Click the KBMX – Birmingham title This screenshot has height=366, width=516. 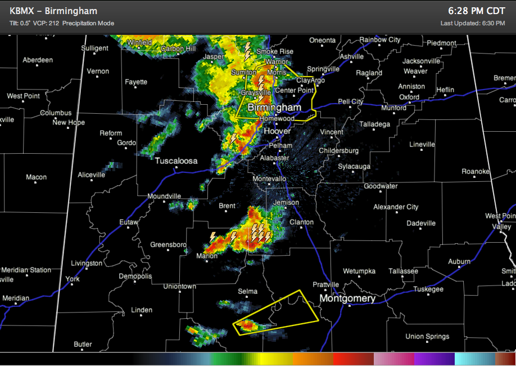pyautogui.click(x=53, y=11)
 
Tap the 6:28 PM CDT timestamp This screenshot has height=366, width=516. pyautogui.click(x=477, y=11)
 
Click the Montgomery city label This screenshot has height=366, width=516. pyautogui.click(x=347, y=298)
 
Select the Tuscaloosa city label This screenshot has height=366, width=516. pyautogui.click(x=176, y=161)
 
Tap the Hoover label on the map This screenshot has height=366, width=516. pyautogui.click(x=277, y=131)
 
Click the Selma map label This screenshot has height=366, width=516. pyautogui.click(x=247, y=291)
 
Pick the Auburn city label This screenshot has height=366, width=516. pyautogui.click(x=459, y=262)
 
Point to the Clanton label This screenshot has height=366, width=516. pyautogui.click(x=301, y=222)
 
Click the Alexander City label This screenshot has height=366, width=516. pyautogui.click(x=396, y=207)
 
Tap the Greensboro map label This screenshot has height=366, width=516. pyautogui.click(x=168, y=245)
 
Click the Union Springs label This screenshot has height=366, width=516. pyautogui.click(x=427, y=337)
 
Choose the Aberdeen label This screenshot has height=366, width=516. pyautogui.click(x=38, y=60)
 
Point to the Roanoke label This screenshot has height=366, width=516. pyautogui.click(x=476, y=171)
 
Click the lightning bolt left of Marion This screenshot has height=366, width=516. pyautogui.click(x=212, y=237)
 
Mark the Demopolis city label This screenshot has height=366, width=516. pyautogui.click(x=135, y=276)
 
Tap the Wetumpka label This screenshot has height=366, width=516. pyautogui.click(x=359, y=271)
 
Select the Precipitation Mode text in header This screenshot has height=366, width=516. pyautogui.click(x=88, y=23)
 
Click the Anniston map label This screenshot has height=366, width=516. pyautogui.click(x=411, y=87)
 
